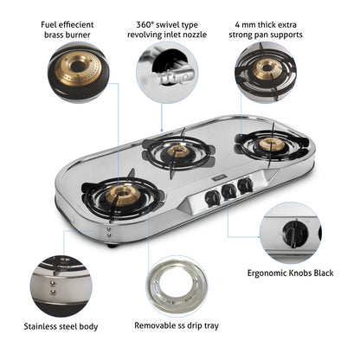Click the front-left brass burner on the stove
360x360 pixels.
pyautogui.click(x=120, y=194)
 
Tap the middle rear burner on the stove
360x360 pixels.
pyautogui.click(x=178, y=151)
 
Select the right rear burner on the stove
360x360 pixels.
pyautogui.click(x=272, y=144)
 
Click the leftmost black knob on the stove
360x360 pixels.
pyautogui.click(x=209, y=197)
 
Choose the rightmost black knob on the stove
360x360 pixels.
pyautogui.click(x=246, y=183)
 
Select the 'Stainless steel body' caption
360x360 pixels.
pyautogui.click(x=61, y=326)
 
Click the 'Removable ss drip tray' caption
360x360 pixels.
pyautogui.click(x=177, y=326)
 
